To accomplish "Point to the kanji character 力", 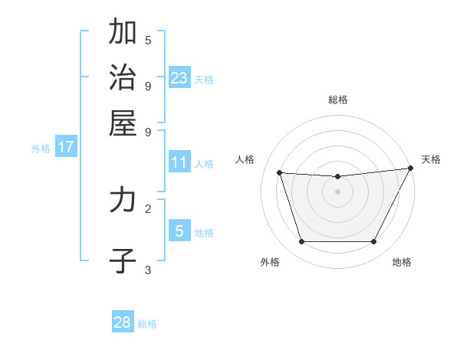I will [x=123, y=201].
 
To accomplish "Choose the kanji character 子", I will [x=123, y=261].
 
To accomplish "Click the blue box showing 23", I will [x=179, y=78].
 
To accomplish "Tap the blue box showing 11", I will [x=179, y=162].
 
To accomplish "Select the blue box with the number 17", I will [x=66, y=148].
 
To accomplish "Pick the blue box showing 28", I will [x=123, y=322].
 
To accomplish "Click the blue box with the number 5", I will [x=179, y=231].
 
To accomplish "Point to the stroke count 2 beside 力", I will [x=147, y=208].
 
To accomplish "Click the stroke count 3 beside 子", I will [x=147, y=270].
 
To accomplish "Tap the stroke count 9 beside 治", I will [x=147, y=86].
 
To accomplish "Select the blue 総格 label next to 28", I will [x=147, y=324].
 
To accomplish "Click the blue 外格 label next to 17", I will [x=41, y=149].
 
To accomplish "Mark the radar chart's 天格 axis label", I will [x=431, y=159].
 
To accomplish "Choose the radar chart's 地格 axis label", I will [x=402, y=262].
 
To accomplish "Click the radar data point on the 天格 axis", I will [x=410, y=168].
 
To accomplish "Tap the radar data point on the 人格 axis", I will [x=280, y=173].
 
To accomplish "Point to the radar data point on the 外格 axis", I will [x=301, y=242].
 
